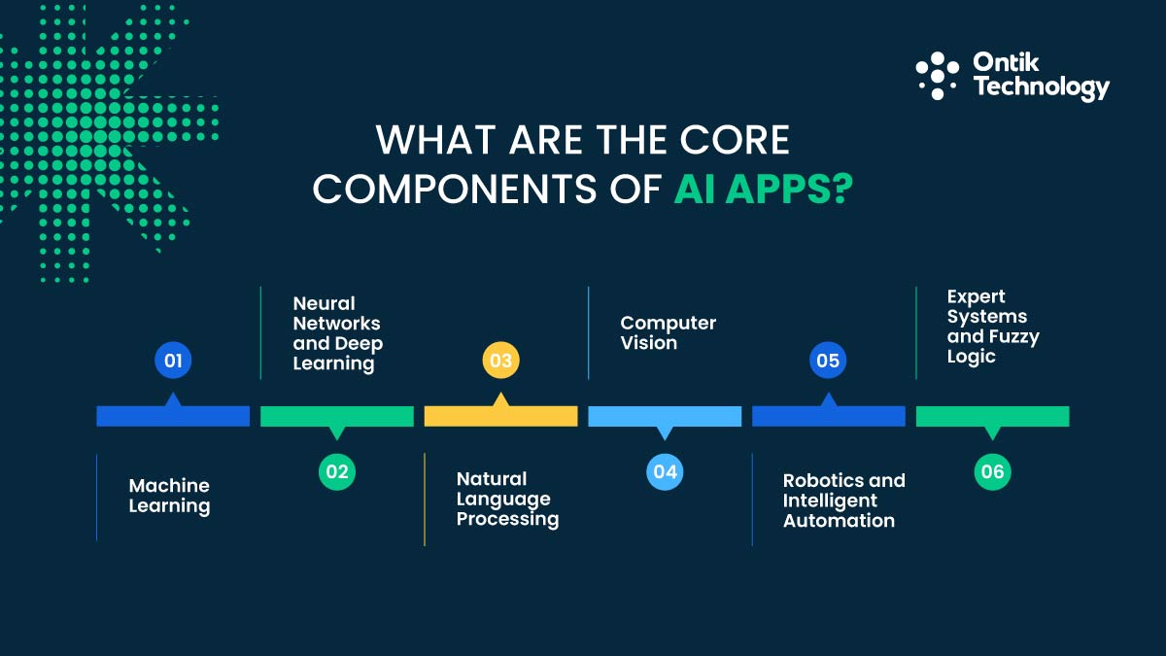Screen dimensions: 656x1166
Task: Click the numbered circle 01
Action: point(173,362)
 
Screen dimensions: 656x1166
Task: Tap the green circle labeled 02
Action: point(337,472)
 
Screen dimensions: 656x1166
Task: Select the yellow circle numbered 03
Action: point(500,362)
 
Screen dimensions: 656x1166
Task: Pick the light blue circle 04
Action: point(665,472)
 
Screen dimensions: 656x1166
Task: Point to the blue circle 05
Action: point(828,362)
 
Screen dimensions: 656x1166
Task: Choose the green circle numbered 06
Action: point(992,472)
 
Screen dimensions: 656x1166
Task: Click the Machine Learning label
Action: point(169,496)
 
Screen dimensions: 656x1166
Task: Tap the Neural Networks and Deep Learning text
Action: point(337,333)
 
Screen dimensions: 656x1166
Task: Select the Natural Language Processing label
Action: point(507,499)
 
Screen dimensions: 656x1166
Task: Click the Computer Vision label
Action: point(668,332)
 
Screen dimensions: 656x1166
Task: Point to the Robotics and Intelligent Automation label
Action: point(843,500)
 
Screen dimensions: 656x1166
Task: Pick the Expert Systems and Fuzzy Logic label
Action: point(992,327)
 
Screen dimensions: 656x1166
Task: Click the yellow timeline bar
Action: point(500,417)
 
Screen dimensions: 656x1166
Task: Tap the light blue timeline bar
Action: point(665,417)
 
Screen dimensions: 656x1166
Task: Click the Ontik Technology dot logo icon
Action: point(937,76)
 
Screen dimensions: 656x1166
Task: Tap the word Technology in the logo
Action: point(1041,87)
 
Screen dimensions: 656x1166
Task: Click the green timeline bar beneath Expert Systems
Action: point(992,417)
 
